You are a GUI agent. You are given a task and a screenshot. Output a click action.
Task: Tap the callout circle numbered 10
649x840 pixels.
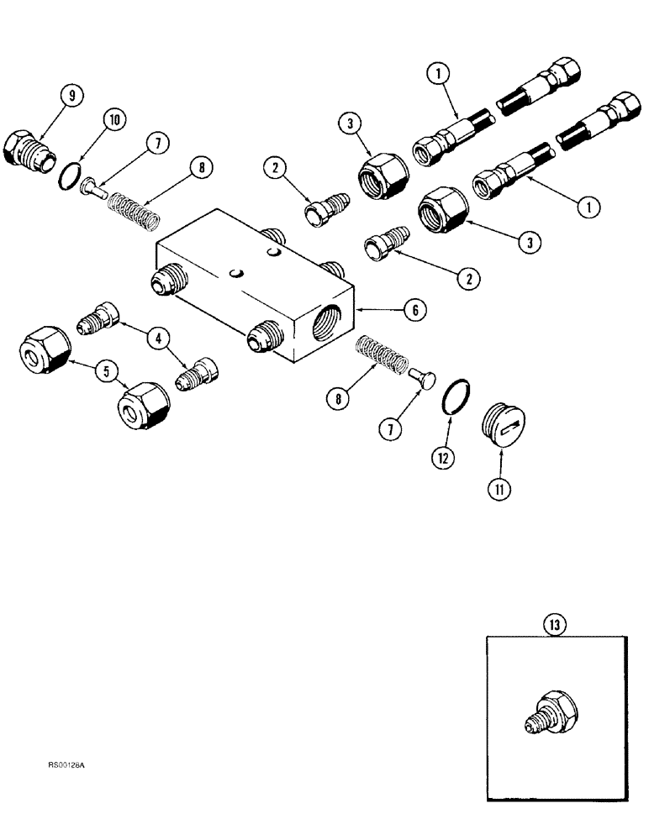pyautogui.click(x=114, y=120)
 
